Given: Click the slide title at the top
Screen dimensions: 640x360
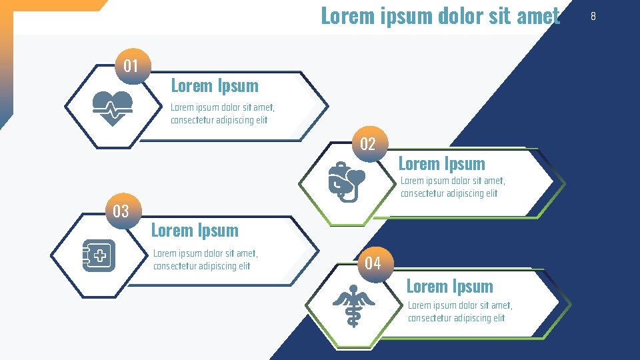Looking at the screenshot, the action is click(440, 15).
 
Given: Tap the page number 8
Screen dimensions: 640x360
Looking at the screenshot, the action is click(593, 15).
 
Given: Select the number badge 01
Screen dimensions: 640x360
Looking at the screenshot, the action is click(131, 65).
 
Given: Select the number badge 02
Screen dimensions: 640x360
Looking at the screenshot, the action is click(368, 143).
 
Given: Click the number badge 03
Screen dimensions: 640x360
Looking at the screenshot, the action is click(121, 211).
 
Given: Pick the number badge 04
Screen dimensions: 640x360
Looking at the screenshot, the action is click(373, 263).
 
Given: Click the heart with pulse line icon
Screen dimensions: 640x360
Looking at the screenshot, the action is click(113, 107).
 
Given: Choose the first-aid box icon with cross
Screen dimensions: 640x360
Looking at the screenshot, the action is click(99, 255).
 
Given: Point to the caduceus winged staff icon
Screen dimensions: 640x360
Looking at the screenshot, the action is click(353, 305).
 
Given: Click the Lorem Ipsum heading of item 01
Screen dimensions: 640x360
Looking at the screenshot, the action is click(215, 85).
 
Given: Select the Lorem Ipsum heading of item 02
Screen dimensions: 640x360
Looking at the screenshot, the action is click(441, 163).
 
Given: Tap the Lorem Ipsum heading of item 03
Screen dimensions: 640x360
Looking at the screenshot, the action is click(195, 230).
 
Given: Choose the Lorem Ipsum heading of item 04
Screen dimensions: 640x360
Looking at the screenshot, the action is click(450, 286).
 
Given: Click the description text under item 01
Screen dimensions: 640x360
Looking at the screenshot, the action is click(222, 113).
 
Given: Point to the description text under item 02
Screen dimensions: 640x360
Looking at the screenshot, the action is click(453, 187).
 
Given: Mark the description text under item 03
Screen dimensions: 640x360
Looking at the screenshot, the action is click(205, 259).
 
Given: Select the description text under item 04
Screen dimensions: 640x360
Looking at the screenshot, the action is click(460, 311).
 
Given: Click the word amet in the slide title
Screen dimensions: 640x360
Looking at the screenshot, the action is click(538, 15).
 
